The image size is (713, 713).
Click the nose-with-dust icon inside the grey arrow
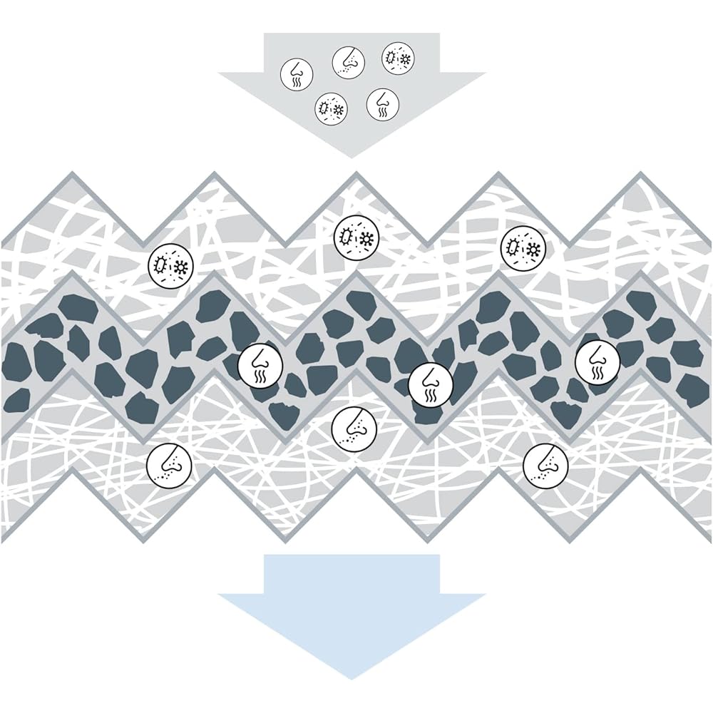(x=349, y=62)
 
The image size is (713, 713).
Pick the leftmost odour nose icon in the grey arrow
(x=296, y=74)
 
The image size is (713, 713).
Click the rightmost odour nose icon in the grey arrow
(x=383, y=103)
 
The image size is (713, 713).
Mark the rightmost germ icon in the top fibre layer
(x=523, y=248)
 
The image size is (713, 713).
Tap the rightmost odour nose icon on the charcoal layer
(x=597, y=361)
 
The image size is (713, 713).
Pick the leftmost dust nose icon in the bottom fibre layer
(x=169, y=464)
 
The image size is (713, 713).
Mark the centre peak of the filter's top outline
(x=355, y=175)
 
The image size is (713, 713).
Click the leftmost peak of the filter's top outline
(x=71, y=175)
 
